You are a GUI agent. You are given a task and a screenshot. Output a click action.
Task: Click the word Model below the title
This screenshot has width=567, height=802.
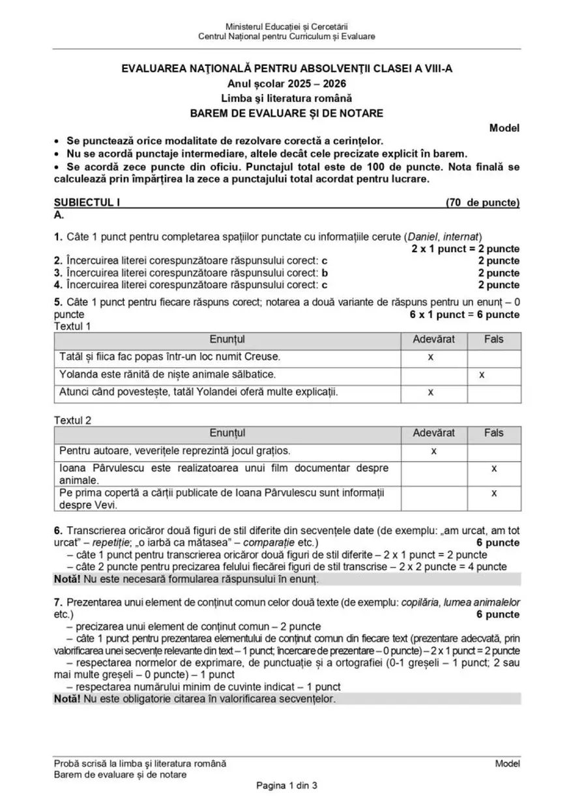[x=504, y=128]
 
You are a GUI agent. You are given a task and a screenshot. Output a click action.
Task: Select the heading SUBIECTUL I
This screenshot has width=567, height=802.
[x=88, y=203]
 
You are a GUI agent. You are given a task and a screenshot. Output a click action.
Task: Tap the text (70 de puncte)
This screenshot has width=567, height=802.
[x=482, y=203]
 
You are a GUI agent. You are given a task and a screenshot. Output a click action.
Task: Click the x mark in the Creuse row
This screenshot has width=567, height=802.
[x=431, y=357]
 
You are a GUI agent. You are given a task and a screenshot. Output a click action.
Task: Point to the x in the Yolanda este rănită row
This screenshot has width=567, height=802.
[x=481, y=375]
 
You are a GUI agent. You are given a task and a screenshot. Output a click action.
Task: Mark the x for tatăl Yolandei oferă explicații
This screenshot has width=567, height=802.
[x=431, y=393]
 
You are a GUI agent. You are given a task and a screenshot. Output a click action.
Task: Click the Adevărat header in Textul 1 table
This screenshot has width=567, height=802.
[x=434, y=340]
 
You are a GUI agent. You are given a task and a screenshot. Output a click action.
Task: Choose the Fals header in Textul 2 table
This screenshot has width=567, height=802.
[x=493, y=433]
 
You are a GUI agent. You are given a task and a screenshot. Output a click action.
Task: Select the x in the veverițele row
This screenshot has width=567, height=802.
[x=434, y=451]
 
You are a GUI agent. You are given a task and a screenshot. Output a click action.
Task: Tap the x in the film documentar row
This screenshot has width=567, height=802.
[x=493, y=468]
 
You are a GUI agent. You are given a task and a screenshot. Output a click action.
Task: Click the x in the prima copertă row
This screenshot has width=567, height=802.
[x=493, y=493]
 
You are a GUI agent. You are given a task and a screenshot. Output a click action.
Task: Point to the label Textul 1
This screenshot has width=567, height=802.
[x=73, y=325]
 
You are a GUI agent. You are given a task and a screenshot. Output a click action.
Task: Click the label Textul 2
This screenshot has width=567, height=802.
[x=73, y=420]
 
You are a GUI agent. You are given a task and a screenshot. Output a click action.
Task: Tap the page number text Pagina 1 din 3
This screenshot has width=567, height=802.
[x=287, y=785]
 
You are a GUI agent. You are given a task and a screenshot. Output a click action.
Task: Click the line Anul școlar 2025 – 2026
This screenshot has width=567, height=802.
[x=287, y=84]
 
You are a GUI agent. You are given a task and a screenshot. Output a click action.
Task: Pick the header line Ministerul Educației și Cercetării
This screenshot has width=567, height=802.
[x=287, y=25]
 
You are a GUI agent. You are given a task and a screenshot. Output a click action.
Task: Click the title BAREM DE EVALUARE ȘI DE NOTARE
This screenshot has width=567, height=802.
[x=287, y=113]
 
